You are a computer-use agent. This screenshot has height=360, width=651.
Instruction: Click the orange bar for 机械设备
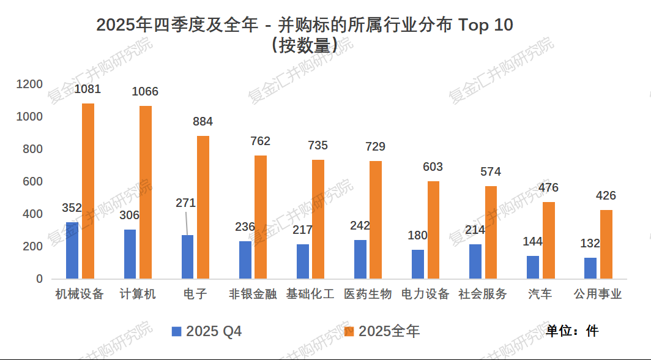click(x=88, y=191)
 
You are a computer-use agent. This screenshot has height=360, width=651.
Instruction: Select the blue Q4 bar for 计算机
click(x=130, y=254)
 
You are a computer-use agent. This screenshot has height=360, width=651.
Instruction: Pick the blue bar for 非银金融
click(x=245, y=260)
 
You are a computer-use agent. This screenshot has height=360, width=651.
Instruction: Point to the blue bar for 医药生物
click(x=360, y=259)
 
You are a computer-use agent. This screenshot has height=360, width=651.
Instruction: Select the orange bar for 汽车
click(x=549, y=240)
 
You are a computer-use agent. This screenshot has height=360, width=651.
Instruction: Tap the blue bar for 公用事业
click(x=590, y=268)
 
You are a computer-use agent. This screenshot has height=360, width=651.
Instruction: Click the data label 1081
click(x=87, y=89)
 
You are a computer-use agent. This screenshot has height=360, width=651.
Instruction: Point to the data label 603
click(x=433, y=167)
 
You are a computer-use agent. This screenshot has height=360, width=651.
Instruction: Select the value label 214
click(x=475, y=230)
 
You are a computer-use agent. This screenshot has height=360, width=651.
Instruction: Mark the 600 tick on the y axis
click(x=33, y=182)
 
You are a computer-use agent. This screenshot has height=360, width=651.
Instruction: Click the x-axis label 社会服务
click(x=483, y=294)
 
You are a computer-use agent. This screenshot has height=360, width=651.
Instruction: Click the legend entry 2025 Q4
click(x=207, y=332)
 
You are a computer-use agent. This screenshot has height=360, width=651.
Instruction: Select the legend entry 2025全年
click(x=382, y=332)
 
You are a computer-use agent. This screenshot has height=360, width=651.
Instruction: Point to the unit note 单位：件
click(x=572, y=331)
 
